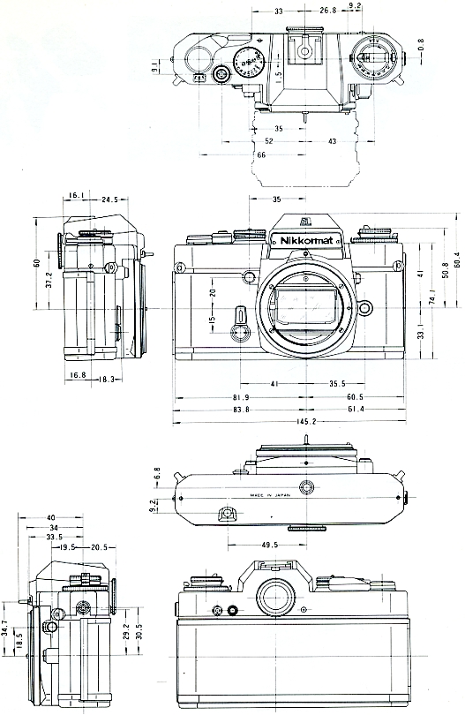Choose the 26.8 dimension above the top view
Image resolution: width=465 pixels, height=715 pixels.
(328, 11)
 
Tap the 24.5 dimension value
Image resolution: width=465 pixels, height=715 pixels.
(110, 199)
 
